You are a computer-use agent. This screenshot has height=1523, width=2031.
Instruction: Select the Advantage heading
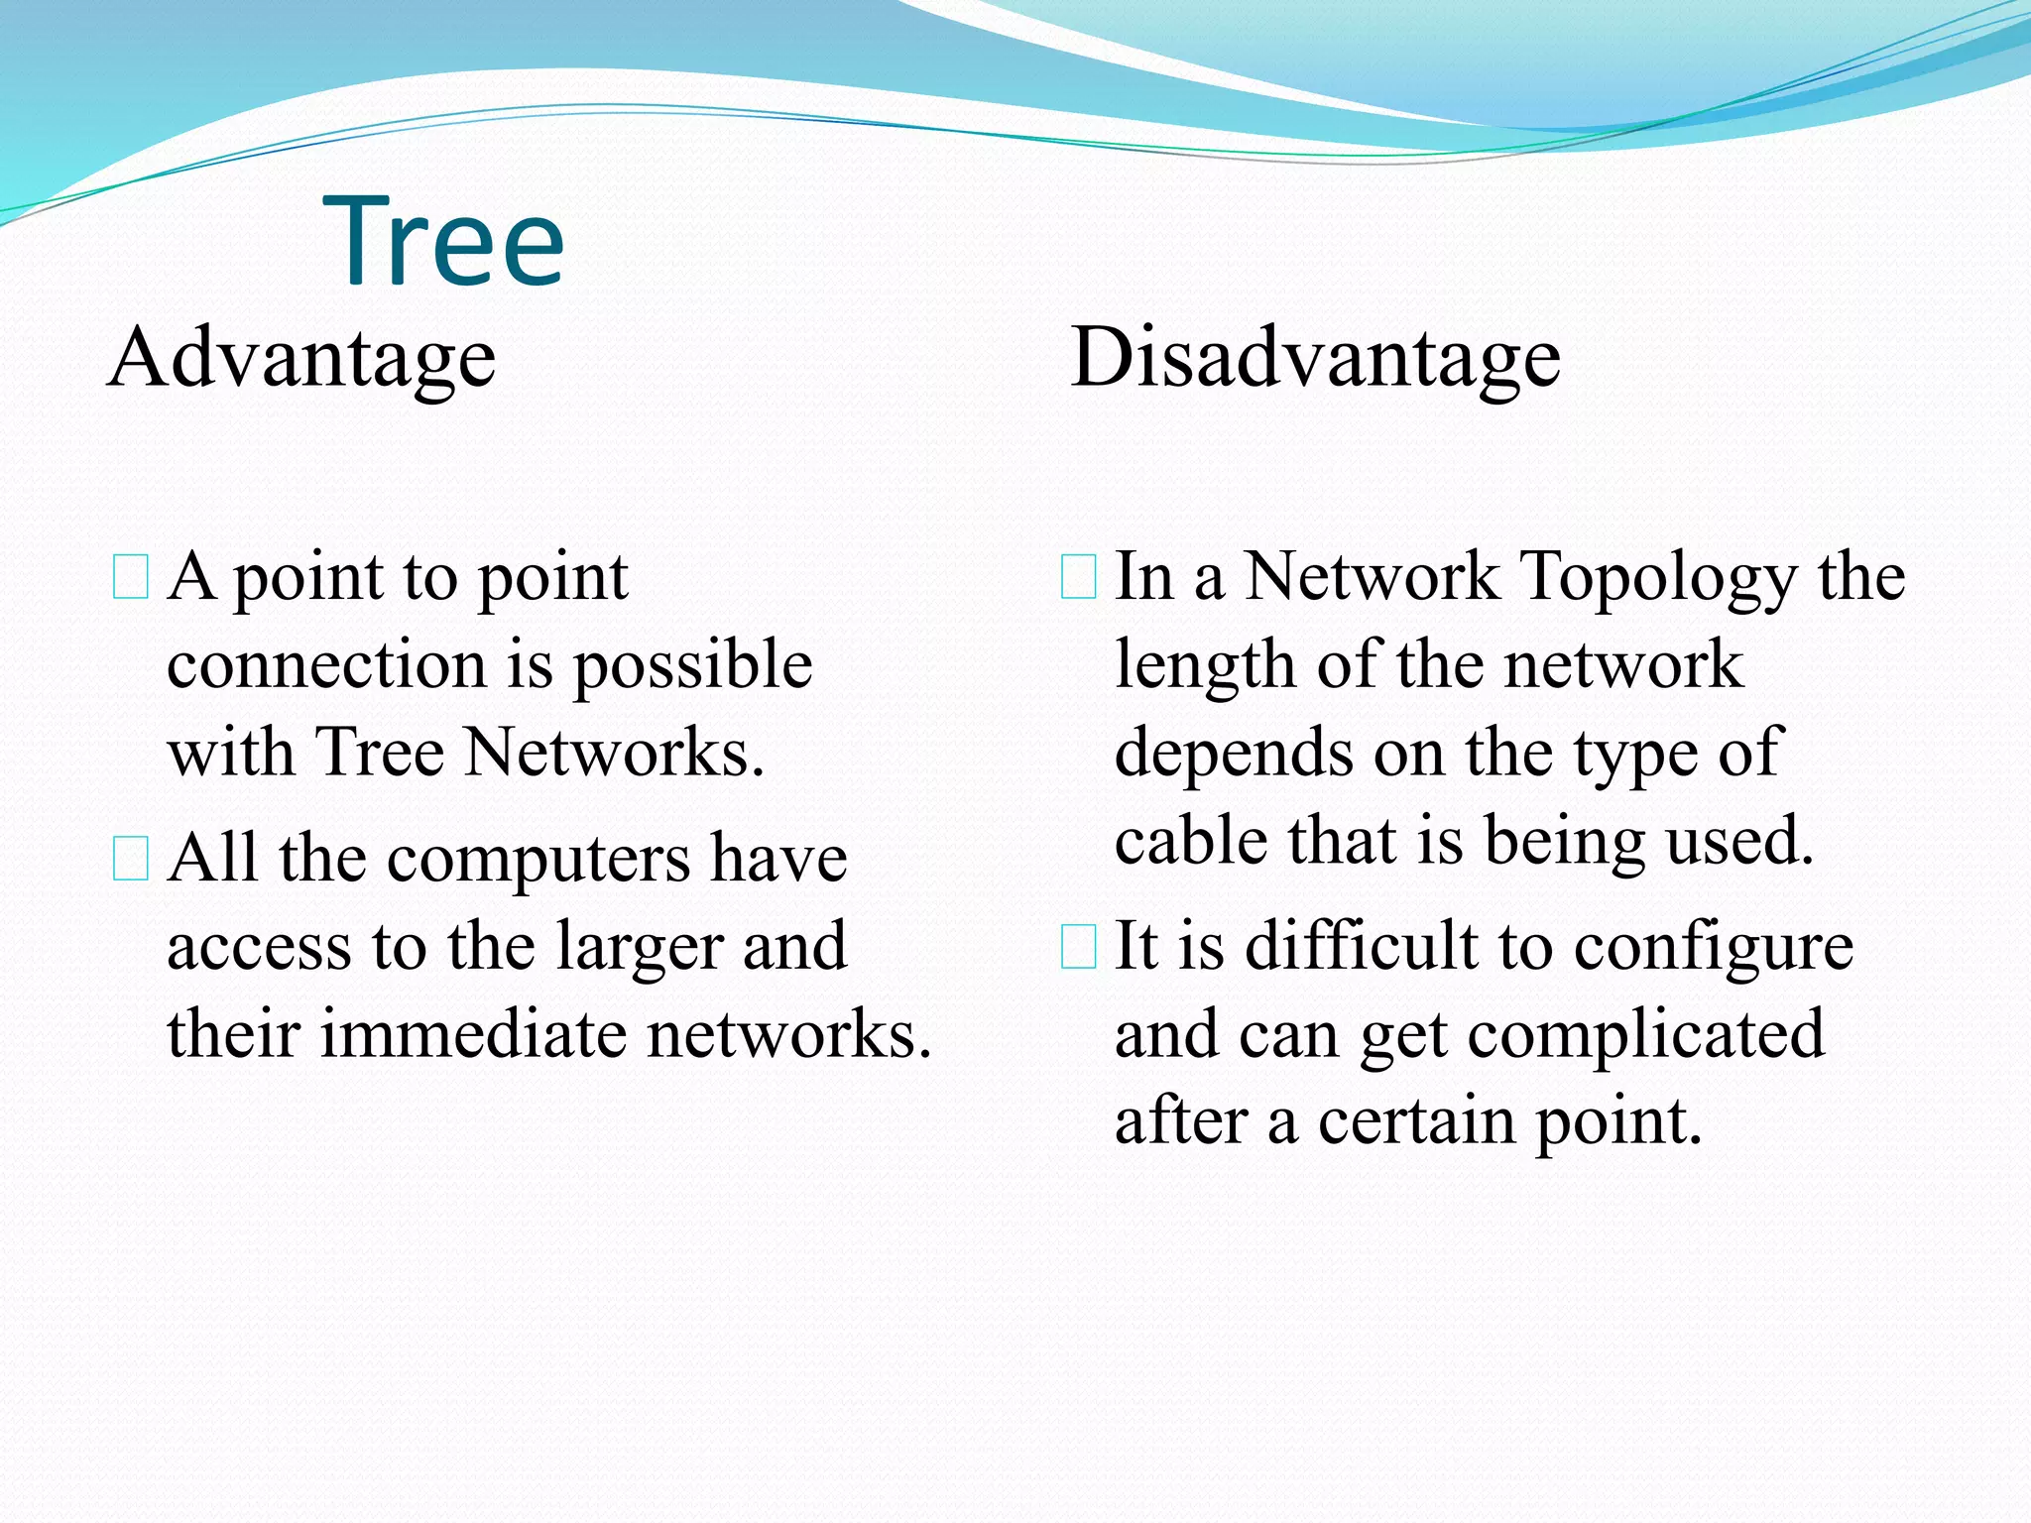pos(302,359)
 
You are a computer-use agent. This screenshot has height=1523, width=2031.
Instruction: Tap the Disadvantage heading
pos(1315,359)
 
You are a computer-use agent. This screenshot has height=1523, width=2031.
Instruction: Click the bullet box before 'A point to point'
pos(131,577)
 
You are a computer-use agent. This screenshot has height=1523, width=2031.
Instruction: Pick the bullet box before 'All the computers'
pos(131,859)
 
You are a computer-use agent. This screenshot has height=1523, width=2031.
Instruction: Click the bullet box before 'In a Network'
pos(1078,577)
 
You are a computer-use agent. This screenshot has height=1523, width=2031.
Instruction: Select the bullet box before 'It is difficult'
pos(1078,946)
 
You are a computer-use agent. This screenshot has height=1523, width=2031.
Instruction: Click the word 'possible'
pos(693,666)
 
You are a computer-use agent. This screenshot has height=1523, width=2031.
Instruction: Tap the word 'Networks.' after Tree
pos(615,752)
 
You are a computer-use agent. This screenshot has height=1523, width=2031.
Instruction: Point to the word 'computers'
pos(538,859)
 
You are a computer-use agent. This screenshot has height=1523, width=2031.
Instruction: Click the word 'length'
pos(1205,666)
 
